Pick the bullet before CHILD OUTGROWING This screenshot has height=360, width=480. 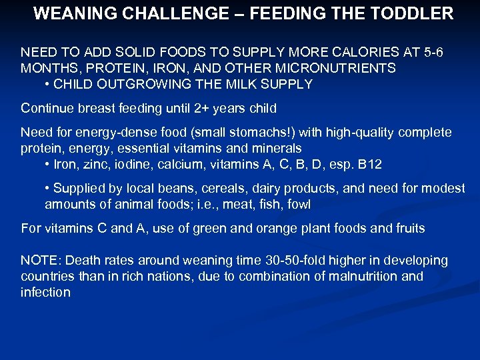pos(47,84)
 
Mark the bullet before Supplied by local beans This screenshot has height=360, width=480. pos(47,189)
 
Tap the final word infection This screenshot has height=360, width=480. pos(45,292)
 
